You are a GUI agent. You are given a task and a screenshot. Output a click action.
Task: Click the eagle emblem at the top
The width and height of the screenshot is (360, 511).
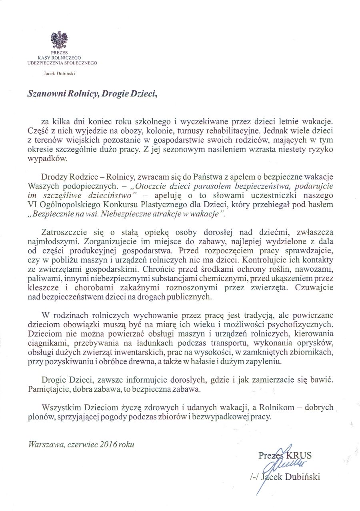[59, 40]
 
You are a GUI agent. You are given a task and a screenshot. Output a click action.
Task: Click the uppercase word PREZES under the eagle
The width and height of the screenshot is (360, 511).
[59, 53]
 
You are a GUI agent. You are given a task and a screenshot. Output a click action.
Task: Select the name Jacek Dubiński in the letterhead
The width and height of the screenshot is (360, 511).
[59, 73]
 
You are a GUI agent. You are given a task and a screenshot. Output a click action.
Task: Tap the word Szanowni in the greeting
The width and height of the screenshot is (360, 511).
[44, 93]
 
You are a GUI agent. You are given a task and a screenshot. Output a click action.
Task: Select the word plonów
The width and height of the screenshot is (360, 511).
[40, 416]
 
